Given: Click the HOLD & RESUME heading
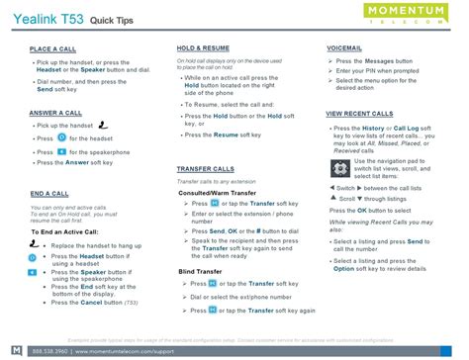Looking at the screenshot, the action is [x=204, y=48].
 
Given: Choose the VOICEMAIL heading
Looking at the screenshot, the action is [x=345, y=48].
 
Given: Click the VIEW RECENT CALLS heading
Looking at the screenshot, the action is [x=365, y=114].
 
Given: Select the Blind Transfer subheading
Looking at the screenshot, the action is [x=200, y=270].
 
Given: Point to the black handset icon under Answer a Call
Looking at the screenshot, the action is [x=103, y=126].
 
